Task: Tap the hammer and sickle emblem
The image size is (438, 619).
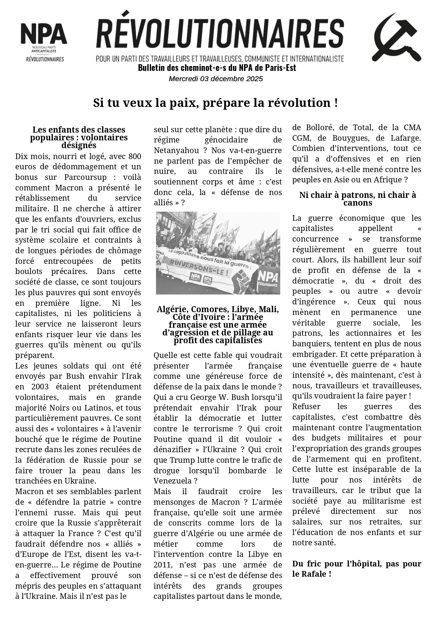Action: [x=396, y=37]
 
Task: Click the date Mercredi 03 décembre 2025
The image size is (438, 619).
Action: [x=216, y=79]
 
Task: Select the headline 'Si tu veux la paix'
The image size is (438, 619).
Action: [x=215, y=103]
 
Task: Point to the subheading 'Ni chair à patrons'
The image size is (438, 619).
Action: [x=357, y=199]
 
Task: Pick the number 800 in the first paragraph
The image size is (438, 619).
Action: [x=135, y=156]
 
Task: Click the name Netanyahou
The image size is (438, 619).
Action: [x=176, y=151]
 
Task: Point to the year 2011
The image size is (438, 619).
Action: [x=162, y=565]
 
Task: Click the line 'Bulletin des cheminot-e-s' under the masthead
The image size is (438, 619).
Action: [x=217, y=68]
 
